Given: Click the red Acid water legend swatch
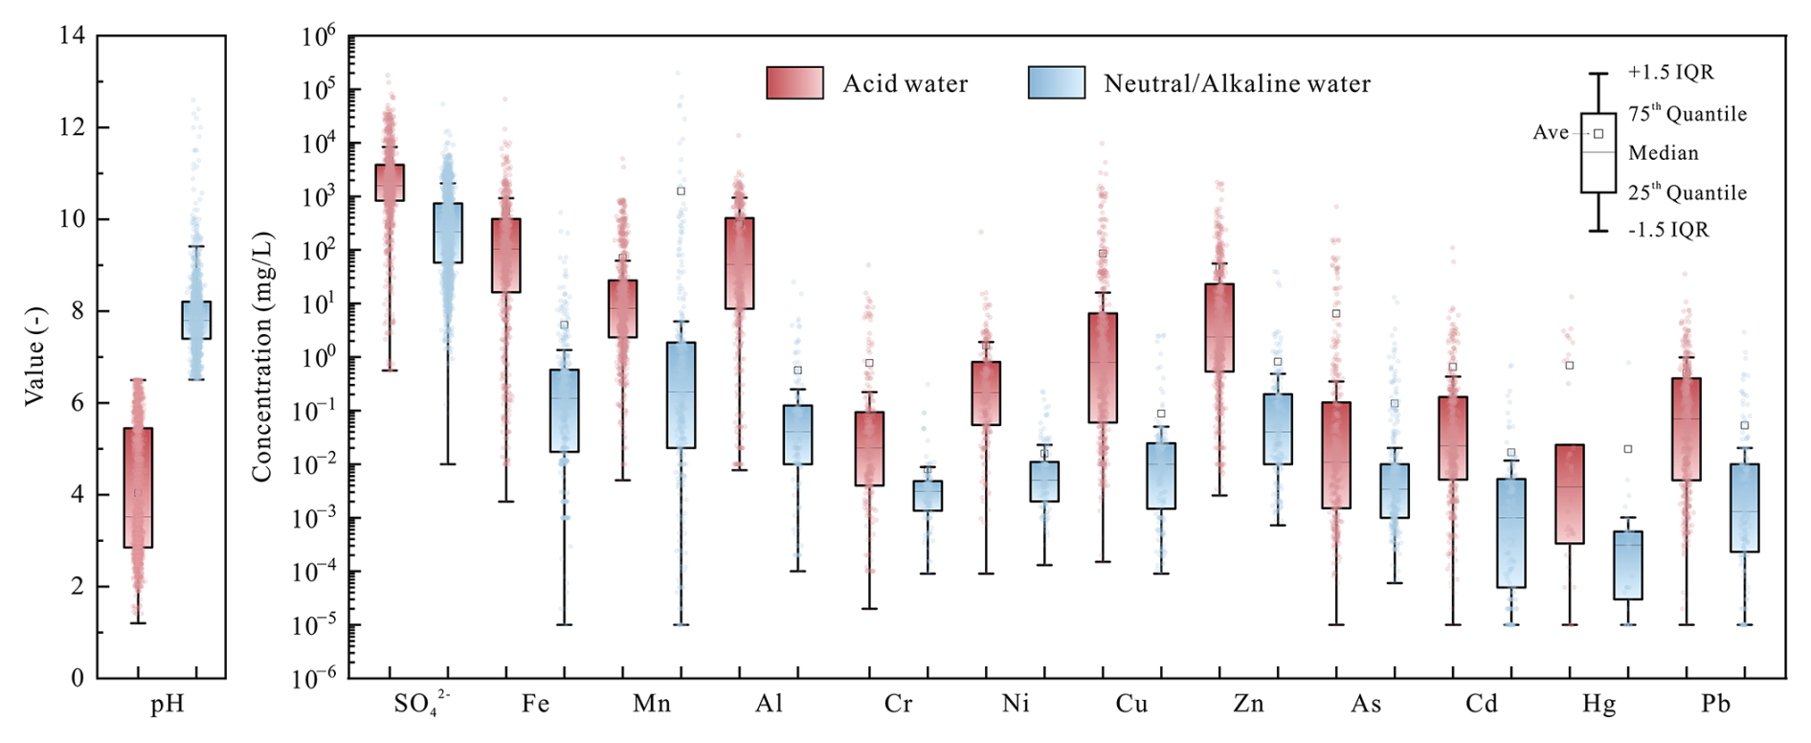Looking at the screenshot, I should [x=794, y=83].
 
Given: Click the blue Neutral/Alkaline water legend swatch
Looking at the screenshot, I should [x=1057, y=83].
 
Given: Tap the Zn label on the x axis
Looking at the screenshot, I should [x=1248, y=705].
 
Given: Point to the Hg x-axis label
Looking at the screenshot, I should [x=1599, y=705].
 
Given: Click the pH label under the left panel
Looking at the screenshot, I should [x=167, y=705].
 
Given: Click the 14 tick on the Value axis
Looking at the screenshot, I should [x=72, y=36].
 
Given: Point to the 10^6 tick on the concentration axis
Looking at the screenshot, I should [x=319, y=37].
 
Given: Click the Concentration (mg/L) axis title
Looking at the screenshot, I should [x=262, y=357].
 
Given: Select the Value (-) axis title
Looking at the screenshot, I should [x=34, y=356].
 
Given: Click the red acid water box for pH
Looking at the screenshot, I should [x=138, y=487].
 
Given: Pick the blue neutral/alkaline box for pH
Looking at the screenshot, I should [x=196, y=320].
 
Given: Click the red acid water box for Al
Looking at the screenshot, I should [x=739, y=263].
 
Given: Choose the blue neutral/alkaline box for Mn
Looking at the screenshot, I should [x=681, y=394].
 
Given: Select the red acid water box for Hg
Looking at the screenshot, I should [x=1570, y=494].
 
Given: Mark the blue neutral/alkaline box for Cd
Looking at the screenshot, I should [x=1511, y=533].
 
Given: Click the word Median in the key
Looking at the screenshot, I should [x=1664, y=153].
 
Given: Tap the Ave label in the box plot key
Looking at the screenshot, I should [x=1550, y=133].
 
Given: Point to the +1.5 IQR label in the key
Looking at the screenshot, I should [x=1670, y=73].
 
